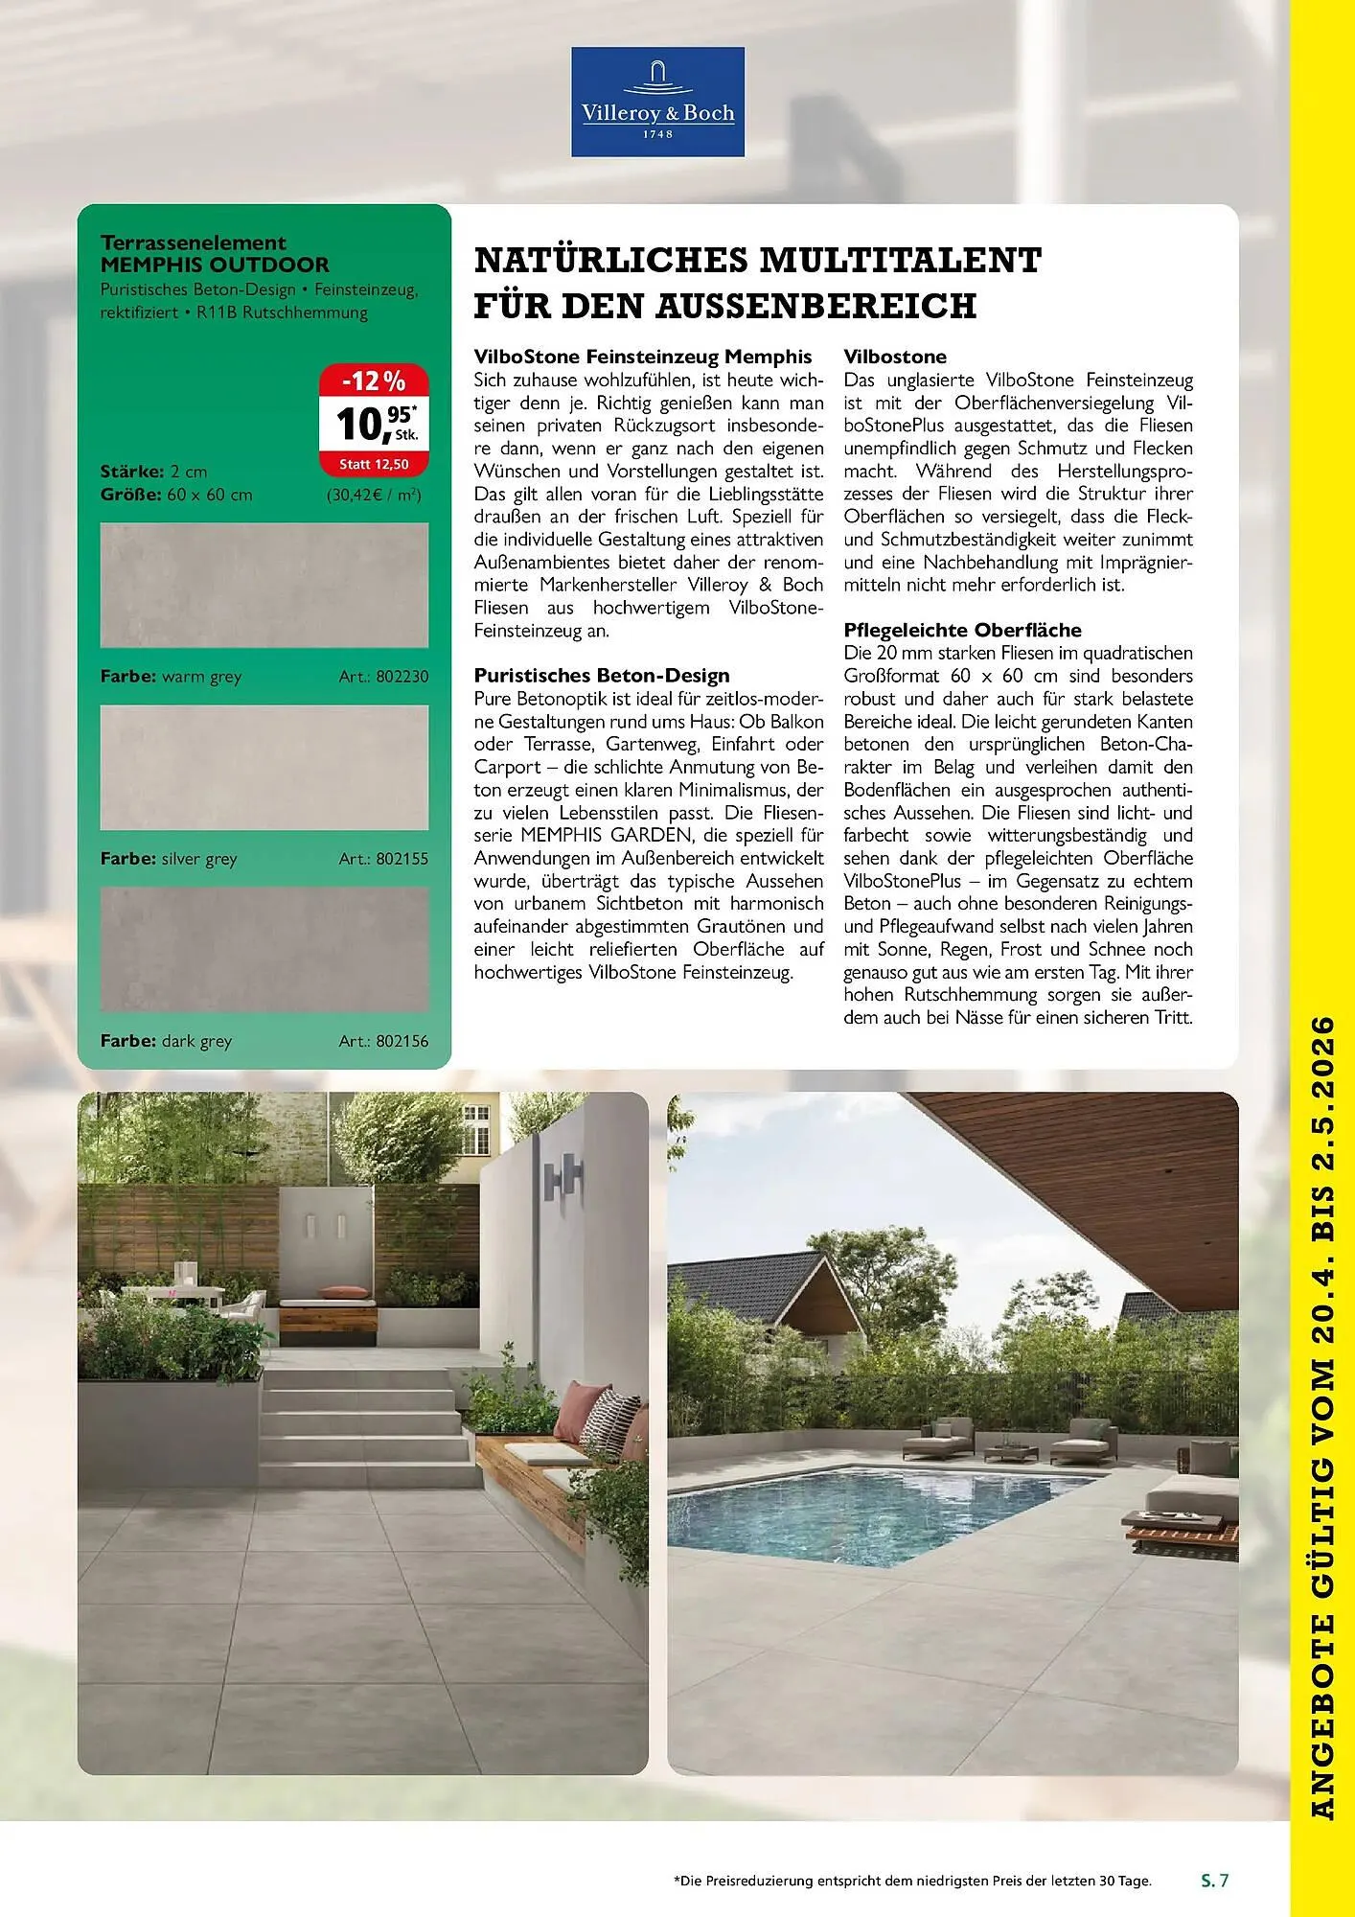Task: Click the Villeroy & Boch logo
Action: click(657, 102)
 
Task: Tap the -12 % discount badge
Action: click(373, 381)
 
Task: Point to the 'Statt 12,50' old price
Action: click(374, 465)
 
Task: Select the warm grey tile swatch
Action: click(264, 585)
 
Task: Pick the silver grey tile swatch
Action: click(264, 767)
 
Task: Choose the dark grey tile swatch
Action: click(264, 949)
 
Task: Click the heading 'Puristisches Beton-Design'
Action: click(602, 676)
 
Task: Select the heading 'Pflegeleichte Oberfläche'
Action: click(962, 630)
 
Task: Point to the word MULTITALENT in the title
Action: click(899, 261)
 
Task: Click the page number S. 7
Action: click(1214, 1881)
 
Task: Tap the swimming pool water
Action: click(862, 1505)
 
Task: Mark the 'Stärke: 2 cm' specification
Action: click(153, 472)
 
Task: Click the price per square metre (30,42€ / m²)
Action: click(374, 496)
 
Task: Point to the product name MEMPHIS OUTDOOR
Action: click(215, 265)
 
